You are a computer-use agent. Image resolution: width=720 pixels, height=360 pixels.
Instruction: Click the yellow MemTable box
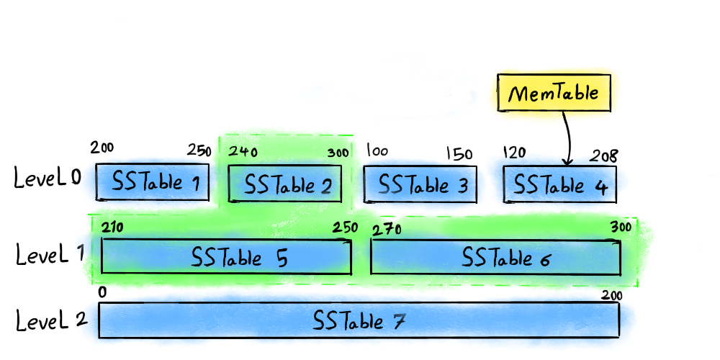554,94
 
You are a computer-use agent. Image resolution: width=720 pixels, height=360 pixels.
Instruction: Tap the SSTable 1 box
153,183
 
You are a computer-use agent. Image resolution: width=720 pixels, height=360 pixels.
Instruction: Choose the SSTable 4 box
559,184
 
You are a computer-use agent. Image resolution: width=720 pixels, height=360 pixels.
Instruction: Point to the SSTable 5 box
226,257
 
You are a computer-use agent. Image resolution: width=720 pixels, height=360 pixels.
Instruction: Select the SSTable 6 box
495,257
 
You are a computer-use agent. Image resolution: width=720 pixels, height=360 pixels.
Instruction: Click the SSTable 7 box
359,320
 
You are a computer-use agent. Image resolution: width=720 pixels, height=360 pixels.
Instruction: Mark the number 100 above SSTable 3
377,151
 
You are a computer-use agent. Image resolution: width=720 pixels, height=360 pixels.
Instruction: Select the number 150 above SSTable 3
459,154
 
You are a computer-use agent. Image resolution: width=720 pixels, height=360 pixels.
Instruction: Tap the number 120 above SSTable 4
515,152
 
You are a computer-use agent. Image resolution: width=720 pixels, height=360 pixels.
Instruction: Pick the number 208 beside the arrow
604,156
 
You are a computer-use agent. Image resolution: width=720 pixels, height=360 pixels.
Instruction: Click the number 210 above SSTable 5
112,228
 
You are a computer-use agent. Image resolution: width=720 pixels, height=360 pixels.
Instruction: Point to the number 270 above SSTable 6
387,230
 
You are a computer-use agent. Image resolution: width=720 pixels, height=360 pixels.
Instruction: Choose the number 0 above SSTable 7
102,293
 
